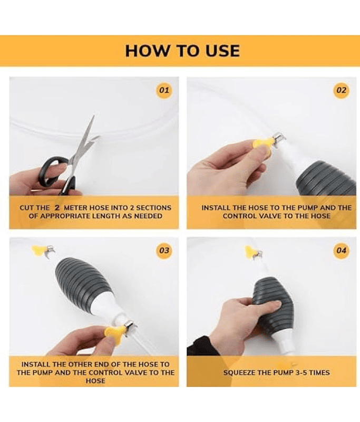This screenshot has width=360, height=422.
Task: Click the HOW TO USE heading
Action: click(182, 51)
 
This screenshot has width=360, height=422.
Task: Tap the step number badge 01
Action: click(164, 90)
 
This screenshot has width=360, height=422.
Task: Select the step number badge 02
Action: click(341, 90)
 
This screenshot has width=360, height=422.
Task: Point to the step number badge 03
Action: click(164, 251)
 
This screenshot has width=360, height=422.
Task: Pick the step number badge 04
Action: click(341, 251)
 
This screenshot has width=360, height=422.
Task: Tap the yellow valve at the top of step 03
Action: click(37, 250)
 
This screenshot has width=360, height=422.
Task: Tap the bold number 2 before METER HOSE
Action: click(57, 207)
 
